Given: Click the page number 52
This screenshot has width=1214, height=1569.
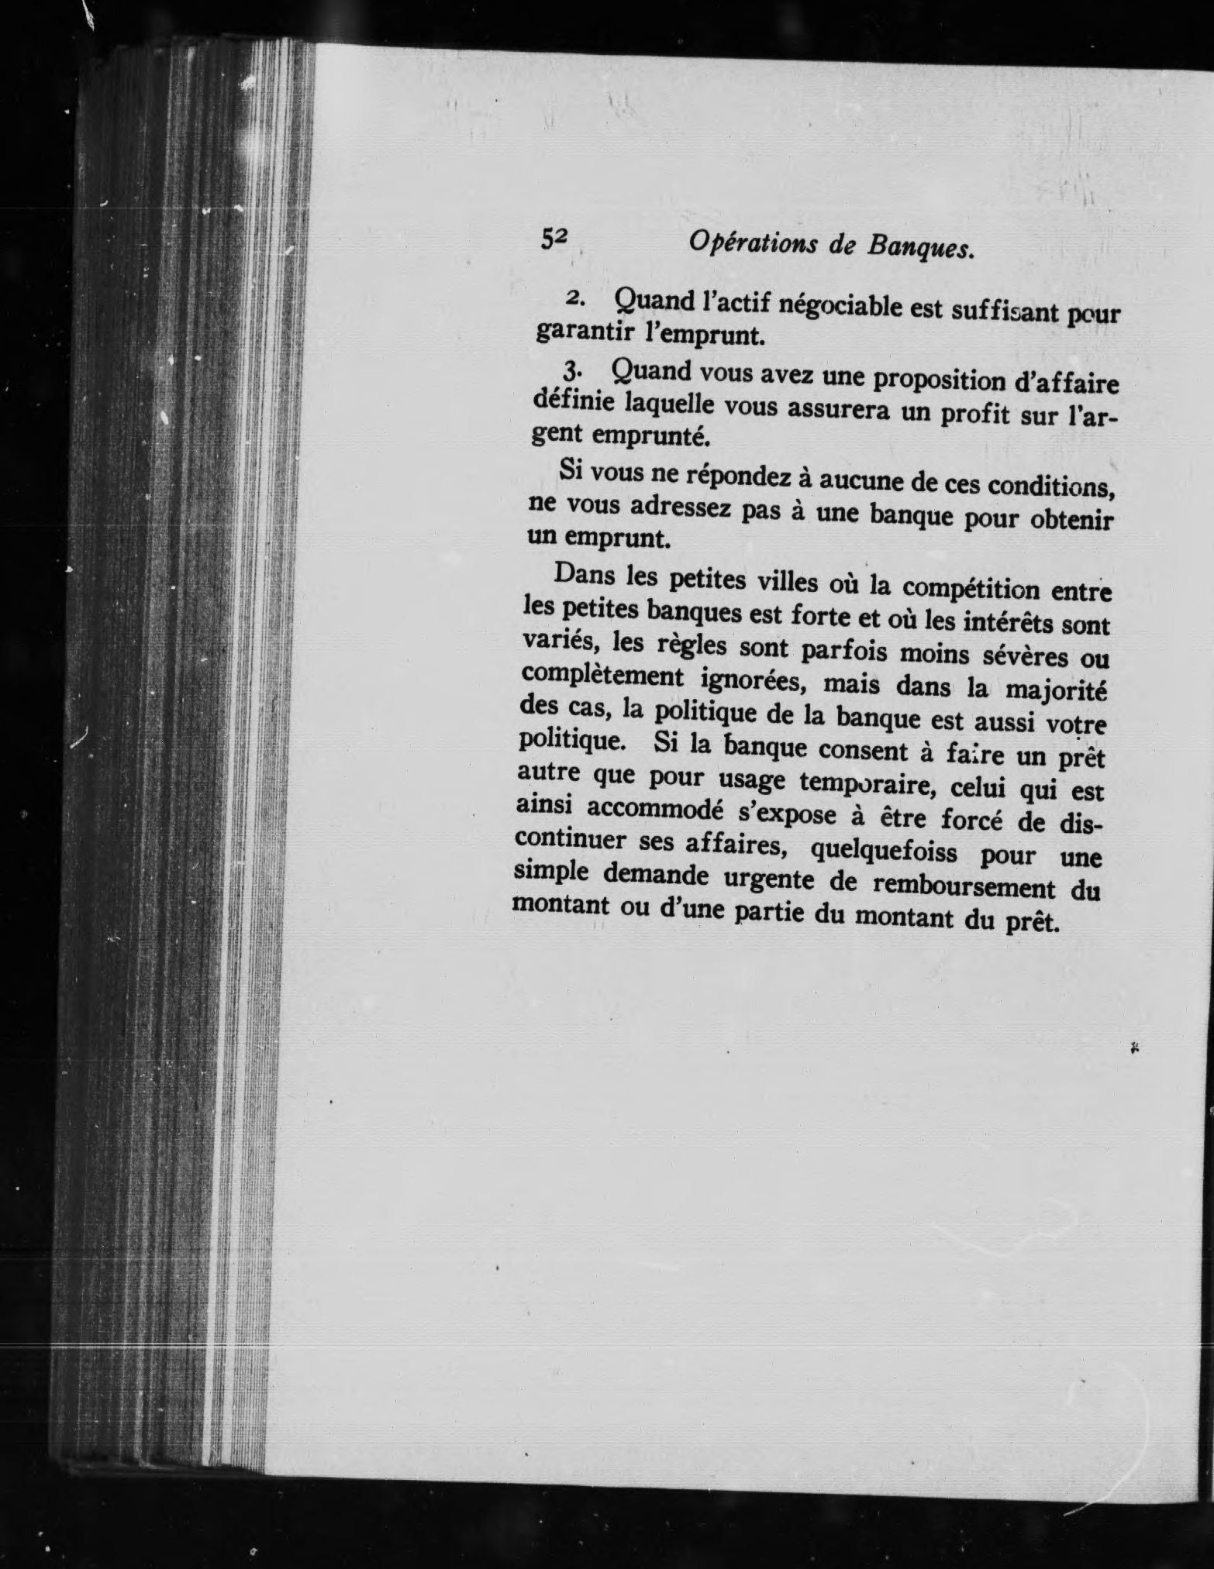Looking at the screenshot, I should click(555, 239).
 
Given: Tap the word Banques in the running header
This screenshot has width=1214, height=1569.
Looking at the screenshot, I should click(919, 249).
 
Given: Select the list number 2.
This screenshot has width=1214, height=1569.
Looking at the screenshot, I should click(575, 298).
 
